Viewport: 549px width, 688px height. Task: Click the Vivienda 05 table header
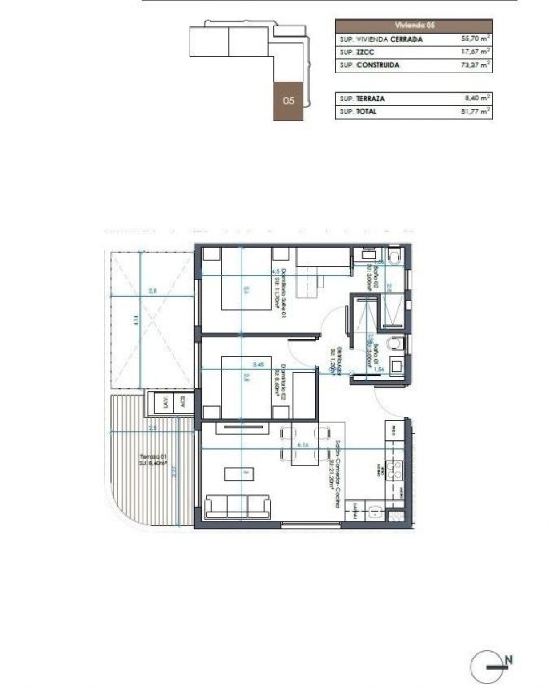[x=414, y=26]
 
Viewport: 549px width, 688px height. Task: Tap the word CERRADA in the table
[x=406, y=39]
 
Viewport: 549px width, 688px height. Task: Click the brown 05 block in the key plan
[x=288, y=101]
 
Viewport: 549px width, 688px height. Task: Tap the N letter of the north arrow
[x=508, y=660]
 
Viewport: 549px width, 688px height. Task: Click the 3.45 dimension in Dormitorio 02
[x=258, y=365]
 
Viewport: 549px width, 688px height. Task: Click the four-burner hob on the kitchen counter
[x=395, y=470]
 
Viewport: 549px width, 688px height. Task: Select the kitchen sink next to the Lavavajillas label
[x=375, y=511]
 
